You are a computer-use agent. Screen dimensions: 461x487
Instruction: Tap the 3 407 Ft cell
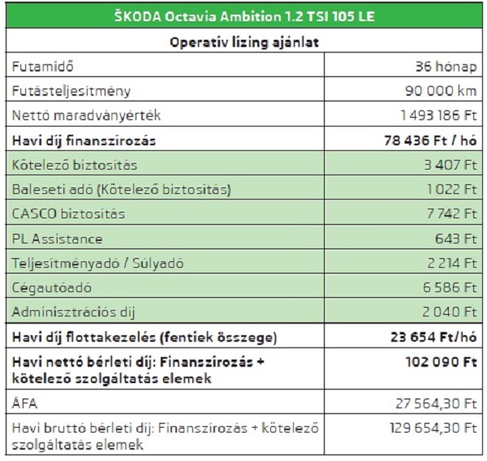point(453,165)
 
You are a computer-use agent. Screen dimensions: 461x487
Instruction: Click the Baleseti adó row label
point(122,190)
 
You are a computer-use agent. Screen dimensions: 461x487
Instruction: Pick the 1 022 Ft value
point(454,190)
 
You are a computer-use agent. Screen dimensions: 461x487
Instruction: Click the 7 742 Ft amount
point(454,214)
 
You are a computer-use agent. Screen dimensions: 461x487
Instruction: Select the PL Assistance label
point(58,239)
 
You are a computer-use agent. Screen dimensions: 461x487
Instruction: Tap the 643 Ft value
point(459,239)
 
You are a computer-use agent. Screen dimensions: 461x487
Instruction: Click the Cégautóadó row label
point(52,288)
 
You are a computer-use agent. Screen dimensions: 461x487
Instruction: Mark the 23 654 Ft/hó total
point(434,337)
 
